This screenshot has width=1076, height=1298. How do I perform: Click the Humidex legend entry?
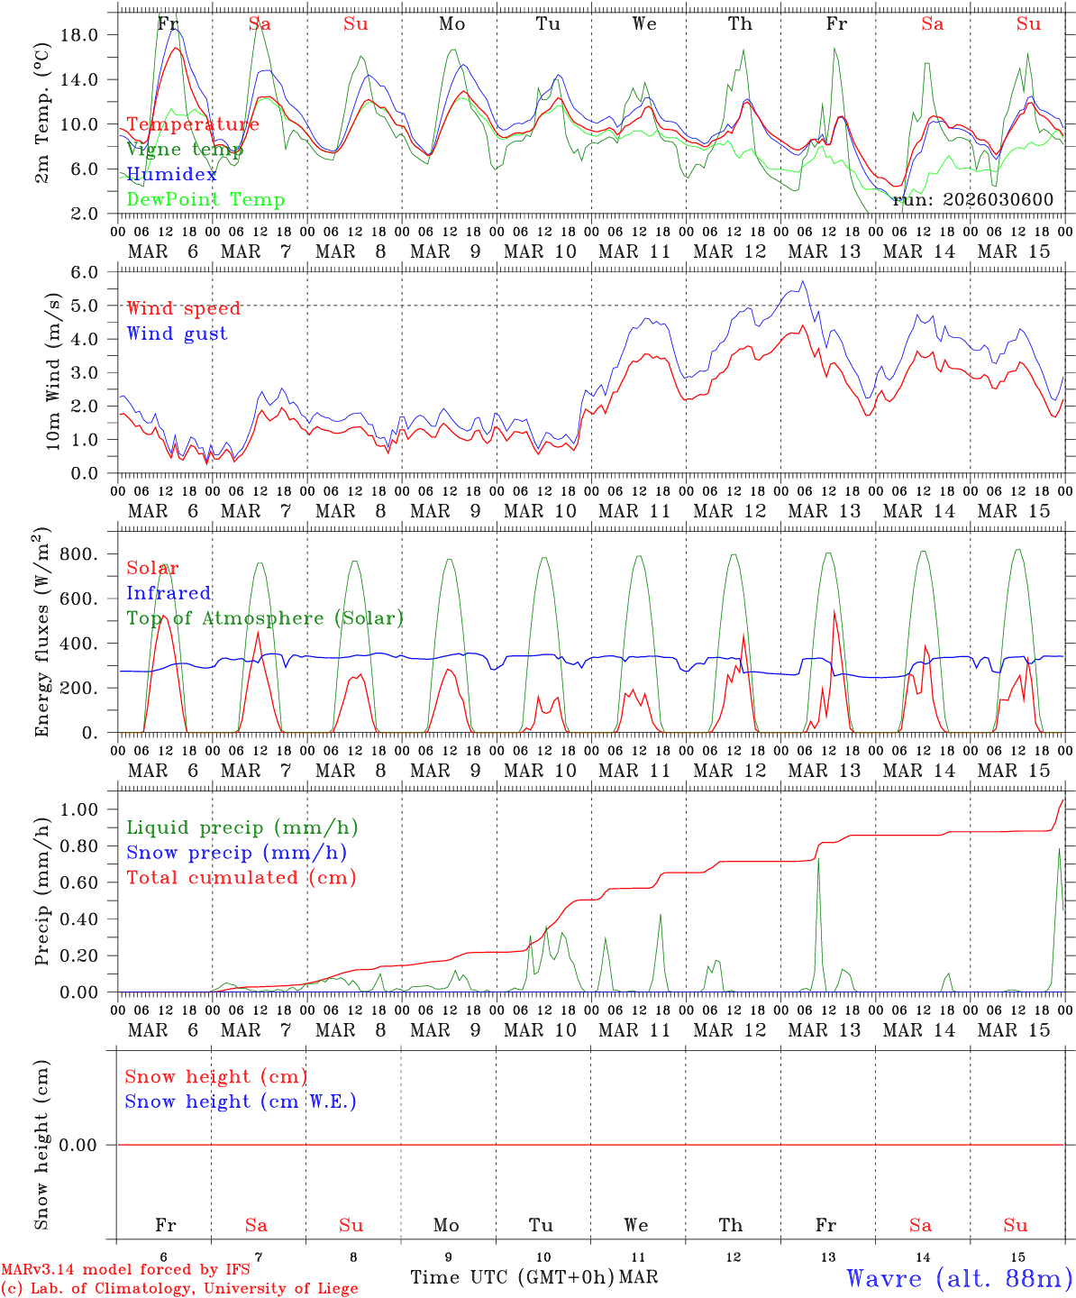(x=171, y=175)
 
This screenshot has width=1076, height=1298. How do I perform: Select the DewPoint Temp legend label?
(x=205, y=200)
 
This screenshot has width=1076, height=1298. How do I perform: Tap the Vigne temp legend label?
(x=184, y=150)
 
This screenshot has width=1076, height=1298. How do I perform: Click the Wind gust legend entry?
(x=177, y=334)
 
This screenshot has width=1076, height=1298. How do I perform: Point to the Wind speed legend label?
(x=183, y=308)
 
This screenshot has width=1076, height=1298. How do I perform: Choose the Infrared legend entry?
(x=169, y=593)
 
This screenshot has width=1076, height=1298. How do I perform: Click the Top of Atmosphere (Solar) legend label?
(x=264, y=618)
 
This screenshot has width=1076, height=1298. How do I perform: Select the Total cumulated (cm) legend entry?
(x=241, y=878)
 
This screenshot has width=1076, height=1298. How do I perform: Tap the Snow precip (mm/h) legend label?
(x=236, y=853)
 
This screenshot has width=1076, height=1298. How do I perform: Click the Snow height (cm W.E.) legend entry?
(x=241, y=1101)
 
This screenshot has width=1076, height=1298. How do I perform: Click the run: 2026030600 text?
(x=972, y=200)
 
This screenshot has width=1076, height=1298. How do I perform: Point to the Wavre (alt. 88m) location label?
(x=959, y=1278)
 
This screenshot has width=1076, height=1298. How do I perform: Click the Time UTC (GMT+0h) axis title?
(x=512, y=1277)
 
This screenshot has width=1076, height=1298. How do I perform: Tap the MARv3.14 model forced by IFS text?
(x=125, y=1270)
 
